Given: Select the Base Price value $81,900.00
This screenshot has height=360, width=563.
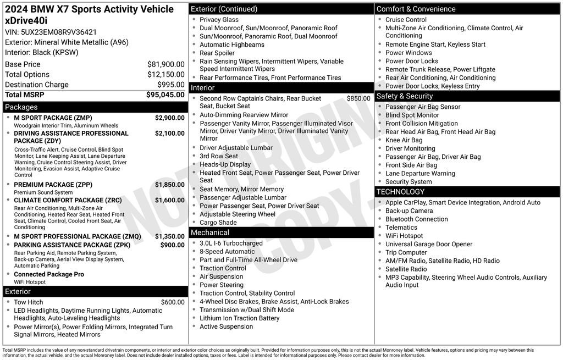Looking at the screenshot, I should point(165,64).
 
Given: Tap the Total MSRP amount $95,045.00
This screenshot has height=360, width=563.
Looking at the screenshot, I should point(165,95).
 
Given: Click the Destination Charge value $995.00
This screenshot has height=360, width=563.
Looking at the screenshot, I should point(171,85).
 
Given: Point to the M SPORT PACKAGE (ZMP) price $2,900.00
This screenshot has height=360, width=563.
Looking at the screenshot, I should point(169,118).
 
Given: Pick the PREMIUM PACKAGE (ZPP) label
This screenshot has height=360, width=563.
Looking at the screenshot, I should point(53,185).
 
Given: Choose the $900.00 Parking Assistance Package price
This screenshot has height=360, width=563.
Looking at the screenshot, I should point(172,245).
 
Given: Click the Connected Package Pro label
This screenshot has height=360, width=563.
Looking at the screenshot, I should point(49,274).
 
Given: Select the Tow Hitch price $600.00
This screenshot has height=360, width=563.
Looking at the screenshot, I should point(173,302).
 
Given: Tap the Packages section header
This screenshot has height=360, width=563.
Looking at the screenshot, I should point(21,107).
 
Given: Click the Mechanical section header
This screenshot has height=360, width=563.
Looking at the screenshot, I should point(210,232).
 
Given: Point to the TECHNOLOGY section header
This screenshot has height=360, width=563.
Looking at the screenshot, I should point(400,192).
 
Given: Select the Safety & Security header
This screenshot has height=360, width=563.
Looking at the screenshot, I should point(405,96).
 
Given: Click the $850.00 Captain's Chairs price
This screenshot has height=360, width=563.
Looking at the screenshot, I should point(358,99).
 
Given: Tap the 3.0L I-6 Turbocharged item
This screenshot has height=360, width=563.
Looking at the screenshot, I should point(231,243).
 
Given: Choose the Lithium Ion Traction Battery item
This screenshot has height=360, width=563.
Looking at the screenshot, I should point(239,318).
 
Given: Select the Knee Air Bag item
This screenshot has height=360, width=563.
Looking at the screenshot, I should point(404,140).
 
